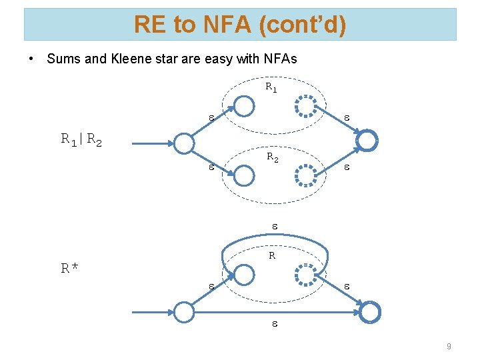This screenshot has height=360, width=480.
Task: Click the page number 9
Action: (x=449, y=346)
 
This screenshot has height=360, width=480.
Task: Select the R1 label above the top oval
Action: (x=271, y=87)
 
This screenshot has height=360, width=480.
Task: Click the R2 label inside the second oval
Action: (x=273, y=158)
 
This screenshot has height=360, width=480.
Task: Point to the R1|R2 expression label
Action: (x=81, y=140)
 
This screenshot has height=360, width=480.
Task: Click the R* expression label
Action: (x=70, y=269)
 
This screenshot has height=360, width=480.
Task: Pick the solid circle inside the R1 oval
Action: (x=245, y=106)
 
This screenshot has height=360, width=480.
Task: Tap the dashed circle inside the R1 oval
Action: (x=306, y=106)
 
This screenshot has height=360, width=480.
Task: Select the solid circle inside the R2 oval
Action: (x=245, y=175)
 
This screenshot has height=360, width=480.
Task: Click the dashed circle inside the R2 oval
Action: (x=306, y=175)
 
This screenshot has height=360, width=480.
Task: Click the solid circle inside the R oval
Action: (x=245, y=274)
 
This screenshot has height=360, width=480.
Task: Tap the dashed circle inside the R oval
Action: (x=306, y=274)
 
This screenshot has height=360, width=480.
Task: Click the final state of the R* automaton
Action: (x=370, y=311)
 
